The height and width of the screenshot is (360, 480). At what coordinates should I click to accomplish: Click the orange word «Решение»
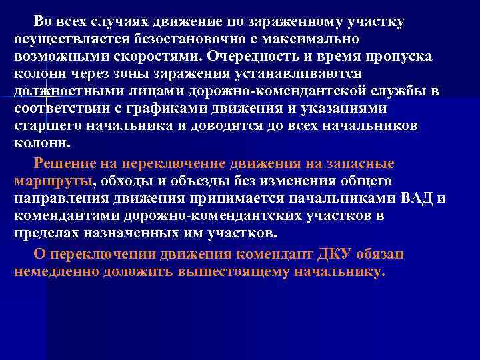point(63,163)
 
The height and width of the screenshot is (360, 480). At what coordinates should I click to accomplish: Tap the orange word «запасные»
point(363,163)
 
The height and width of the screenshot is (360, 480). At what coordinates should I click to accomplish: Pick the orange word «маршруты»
point(54,180)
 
